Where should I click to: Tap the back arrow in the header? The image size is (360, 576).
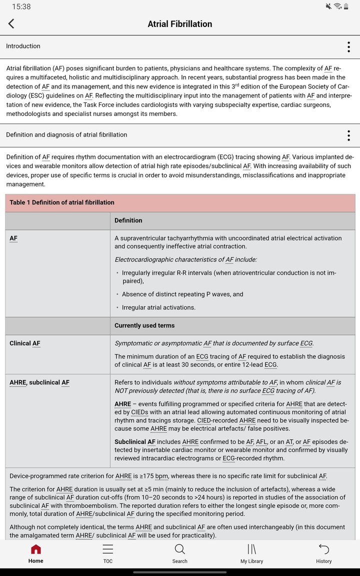11,23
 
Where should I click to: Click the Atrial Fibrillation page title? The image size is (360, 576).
179,24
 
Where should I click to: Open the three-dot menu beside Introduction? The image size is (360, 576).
348,47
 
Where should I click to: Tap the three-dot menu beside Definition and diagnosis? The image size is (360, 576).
348,135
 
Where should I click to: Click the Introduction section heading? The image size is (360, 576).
23,46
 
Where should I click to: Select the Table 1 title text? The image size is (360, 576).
62,202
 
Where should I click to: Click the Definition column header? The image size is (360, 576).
128,220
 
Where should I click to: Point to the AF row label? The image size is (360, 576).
13,238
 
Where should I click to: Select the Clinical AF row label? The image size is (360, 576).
25,343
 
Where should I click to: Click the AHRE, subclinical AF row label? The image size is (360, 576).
39,382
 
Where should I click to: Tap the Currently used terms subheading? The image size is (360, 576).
144,325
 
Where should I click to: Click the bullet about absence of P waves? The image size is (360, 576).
182,294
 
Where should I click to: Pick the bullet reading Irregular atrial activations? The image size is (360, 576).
158,307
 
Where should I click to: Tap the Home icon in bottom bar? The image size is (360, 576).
36,550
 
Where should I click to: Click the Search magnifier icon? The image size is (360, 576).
180,549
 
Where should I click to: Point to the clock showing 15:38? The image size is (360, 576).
21,6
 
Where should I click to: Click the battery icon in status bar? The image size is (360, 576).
346,6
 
